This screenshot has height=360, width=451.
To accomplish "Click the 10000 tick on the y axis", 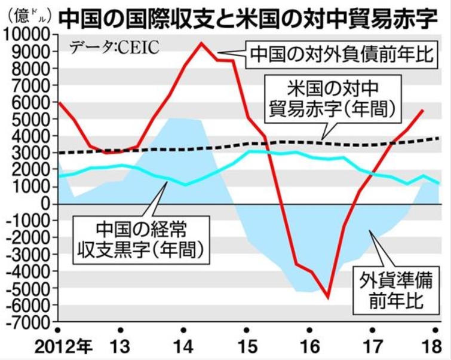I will (29, 36).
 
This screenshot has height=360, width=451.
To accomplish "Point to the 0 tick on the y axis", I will (46, 205).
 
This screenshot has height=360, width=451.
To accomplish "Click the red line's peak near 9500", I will (200, 43).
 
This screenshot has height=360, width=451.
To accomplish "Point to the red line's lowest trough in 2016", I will (327, 297).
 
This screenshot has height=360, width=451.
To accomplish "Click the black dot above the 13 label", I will (121, 330).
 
